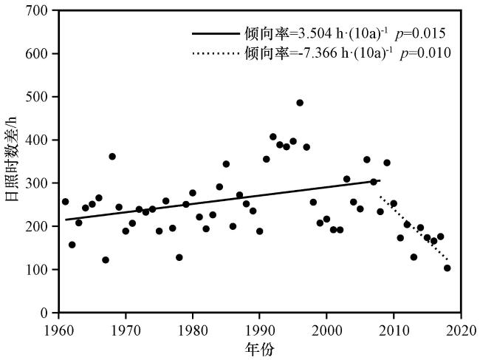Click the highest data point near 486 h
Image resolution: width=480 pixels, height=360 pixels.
click(x=300, y=103)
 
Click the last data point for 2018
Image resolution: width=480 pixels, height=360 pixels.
click(x=447, y=268)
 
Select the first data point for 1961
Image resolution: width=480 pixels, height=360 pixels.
click(x=65, y=202)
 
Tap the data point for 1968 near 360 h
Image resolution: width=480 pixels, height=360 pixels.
click(x=112, y=157)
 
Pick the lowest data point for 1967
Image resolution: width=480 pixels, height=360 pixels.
click(x=106, y=260)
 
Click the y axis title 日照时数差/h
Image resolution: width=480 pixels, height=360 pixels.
click(x=11, y=161)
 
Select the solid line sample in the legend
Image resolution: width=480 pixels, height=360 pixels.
click(x=214, y=34)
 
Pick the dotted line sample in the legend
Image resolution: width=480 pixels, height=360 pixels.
click(x=214, y=54)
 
